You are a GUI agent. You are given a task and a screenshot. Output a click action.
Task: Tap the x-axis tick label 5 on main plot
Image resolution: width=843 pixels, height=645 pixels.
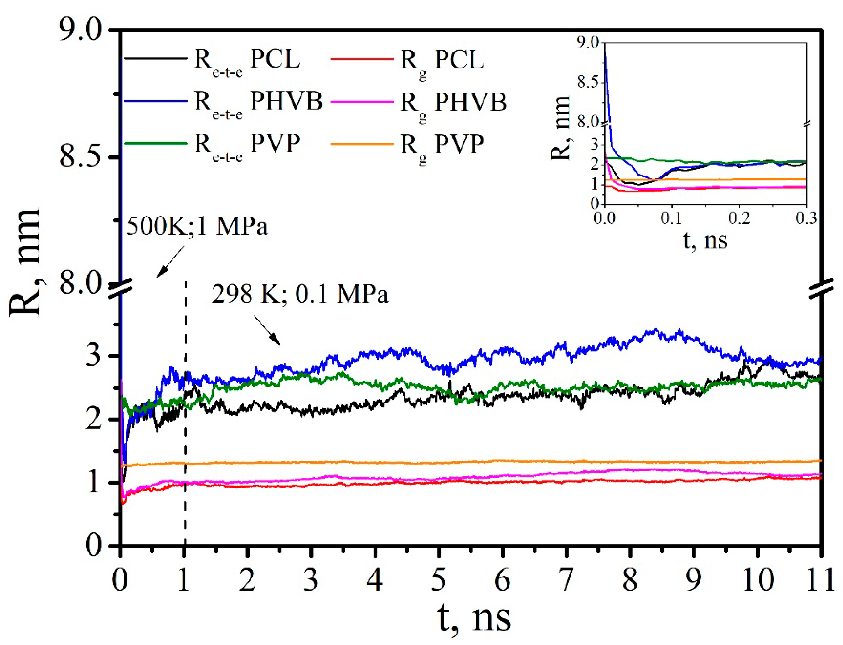438,580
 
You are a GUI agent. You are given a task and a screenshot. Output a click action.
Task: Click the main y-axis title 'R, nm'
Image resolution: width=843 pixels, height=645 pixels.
25,263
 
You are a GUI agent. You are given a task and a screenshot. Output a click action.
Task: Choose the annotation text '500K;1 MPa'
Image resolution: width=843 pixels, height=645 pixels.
197,226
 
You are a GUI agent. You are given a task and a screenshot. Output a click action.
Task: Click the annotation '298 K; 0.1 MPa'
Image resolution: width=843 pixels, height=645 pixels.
300,295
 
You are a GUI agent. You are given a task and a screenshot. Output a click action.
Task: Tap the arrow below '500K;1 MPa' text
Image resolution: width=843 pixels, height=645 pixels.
170,261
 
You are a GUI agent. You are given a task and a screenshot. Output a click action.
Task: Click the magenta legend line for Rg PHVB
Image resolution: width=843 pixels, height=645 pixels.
361,102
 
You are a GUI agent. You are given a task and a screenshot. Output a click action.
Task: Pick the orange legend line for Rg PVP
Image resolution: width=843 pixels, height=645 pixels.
361,144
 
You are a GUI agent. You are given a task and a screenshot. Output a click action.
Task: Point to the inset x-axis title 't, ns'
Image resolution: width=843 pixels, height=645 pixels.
705,241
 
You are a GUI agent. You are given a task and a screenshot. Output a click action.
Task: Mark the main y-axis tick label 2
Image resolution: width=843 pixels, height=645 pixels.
93,420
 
